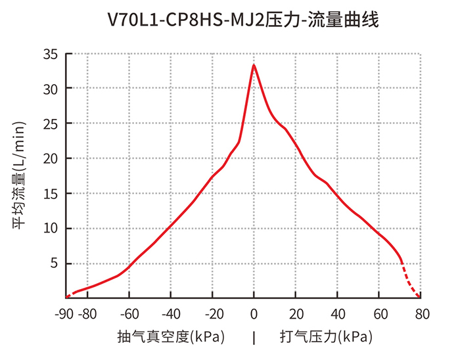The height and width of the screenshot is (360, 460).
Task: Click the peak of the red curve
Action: click(x=254, y=65)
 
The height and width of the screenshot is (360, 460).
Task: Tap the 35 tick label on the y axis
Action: click(x=51, y=54)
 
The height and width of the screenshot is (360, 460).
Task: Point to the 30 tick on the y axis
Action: click(x=51, y=89)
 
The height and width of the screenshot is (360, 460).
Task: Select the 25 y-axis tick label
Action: click(x=51, y=124)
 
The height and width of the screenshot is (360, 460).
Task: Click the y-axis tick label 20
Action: click(x=51, y=158)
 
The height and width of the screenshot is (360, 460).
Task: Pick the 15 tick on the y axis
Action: click(x=51, y=194)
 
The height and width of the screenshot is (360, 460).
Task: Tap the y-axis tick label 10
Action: click(x=51, y=229)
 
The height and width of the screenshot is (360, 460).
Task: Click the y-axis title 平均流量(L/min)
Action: click(x=19, y=175)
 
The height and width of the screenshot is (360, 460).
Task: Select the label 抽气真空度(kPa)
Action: click(x=172, y=338)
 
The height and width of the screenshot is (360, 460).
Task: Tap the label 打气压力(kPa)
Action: click(x=326, y=338)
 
